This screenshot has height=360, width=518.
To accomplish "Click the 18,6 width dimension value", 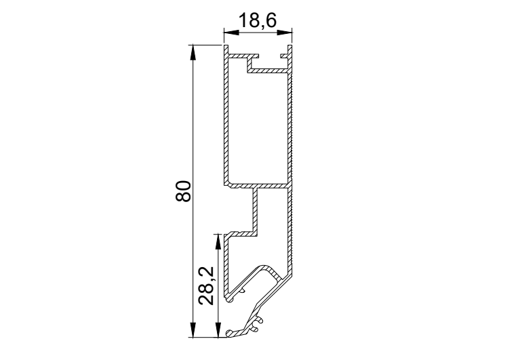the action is point(257,21).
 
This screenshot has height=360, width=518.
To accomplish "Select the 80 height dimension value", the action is point(183,191).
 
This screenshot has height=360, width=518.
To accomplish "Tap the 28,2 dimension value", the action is point(207,285).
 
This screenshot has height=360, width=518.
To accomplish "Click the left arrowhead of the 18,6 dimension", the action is point(231,33).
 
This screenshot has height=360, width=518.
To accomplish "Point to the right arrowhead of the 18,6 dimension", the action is point(285,33).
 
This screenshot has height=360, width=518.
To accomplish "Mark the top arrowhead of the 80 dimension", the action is point(193,52).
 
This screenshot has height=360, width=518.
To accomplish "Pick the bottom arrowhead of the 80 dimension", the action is point(193,330).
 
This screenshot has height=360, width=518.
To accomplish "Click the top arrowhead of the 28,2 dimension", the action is point(218,241).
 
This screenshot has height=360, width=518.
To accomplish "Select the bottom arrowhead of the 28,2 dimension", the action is point(218,330).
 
